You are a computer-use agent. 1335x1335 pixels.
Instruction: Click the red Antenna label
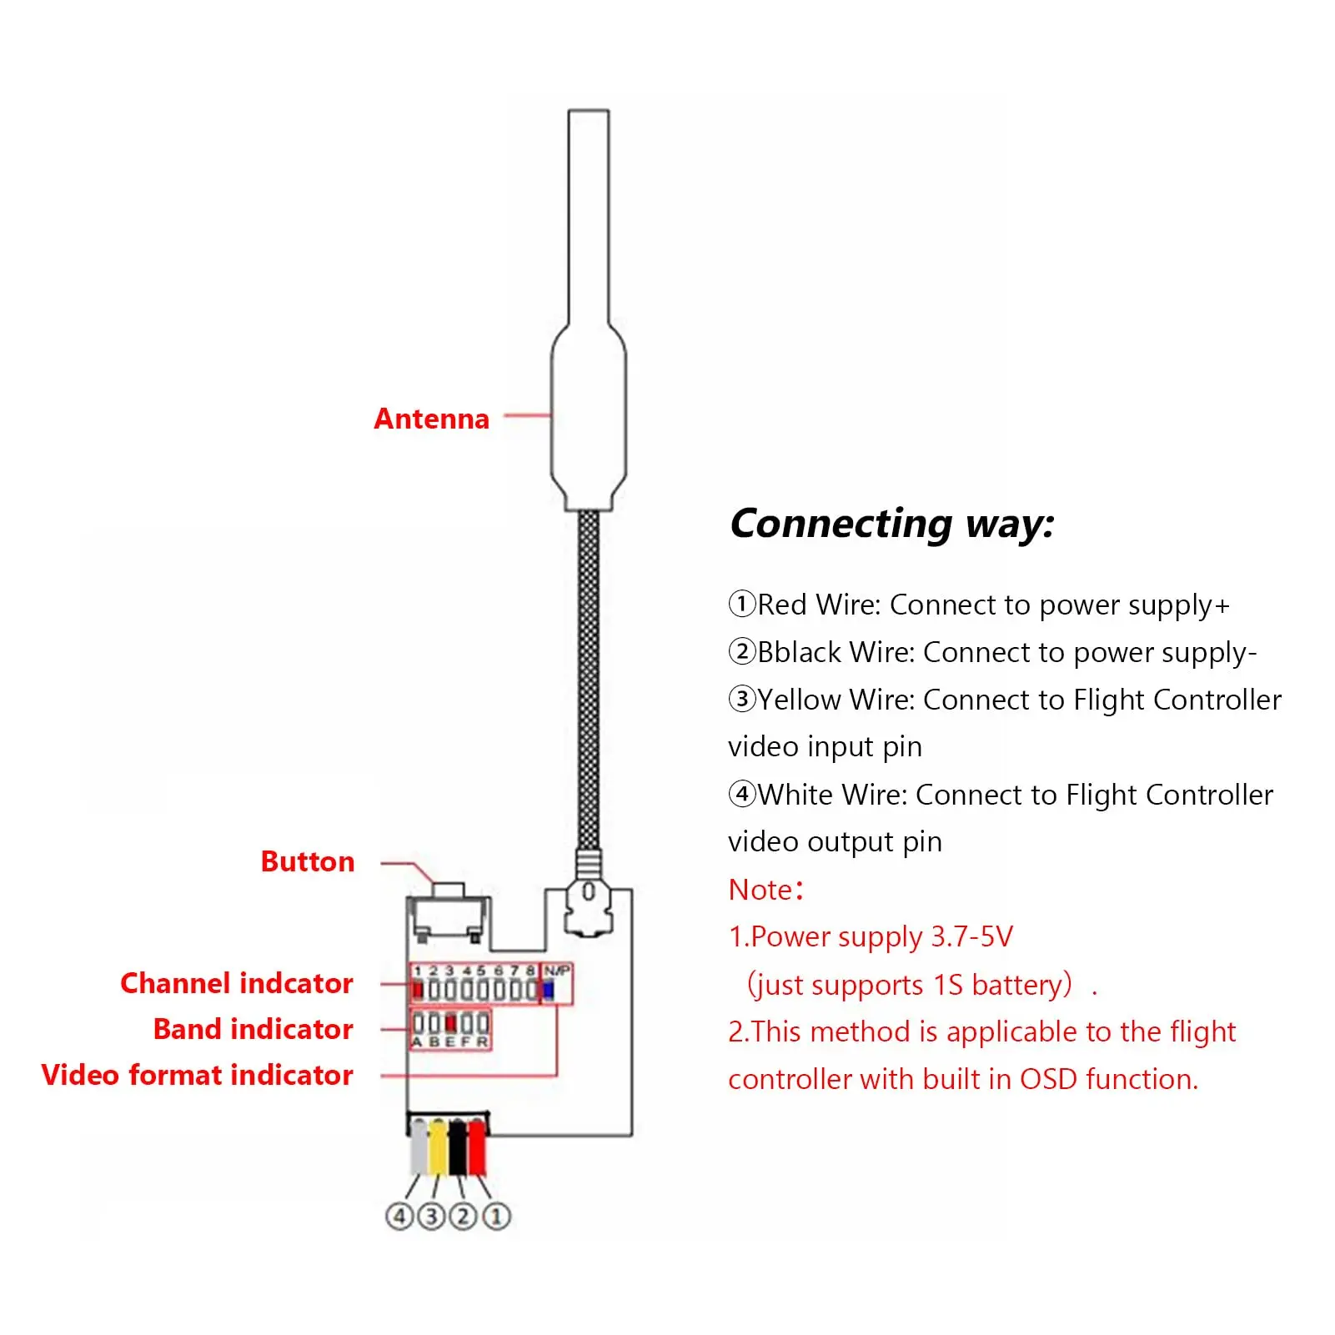431,419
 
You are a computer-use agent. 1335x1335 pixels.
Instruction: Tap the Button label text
308,861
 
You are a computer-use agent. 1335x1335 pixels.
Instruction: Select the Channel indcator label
237,983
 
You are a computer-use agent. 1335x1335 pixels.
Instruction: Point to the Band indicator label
253,1029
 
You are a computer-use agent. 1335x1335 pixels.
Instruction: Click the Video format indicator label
198,1075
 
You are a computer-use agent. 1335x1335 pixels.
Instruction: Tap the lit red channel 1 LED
418,990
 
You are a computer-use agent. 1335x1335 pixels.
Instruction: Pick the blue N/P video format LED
549,990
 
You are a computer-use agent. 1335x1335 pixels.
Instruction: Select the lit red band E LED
450,1023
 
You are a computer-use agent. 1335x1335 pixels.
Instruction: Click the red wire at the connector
477,1147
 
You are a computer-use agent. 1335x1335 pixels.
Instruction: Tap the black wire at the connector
458,1147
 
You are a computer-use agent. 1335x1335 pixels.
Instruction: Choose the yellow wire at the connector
438,1147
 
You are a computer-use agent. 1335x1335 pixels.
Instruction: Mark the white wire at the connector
419,1147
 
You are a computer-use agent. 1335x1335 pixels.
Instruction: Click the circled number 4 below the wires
399,1217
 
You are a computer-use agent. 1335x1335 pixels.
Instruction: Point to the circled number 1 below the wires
496,1217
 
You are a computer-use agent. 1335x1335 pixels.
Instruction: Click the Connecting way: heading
892,524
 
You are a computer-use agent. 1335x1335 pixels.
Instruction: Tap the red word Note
760,890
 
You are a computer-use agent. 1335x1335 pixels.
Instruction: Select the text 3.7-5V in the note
971,936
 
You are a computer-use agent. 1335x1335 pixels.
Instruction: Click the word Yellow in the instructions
799,700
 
